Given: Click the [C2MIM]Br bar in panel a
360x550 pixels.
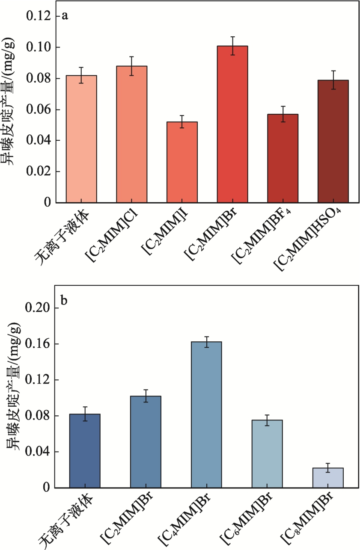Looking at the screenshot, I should coord(232,124).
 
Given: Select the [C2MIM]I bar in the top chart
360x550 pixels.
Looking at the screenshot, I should coord(182,162).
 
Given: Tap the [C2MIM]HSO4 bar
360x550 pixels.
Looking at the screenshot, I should coord(333,141).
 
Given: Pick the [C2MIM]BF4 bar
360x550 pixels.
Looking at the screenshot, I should coord(283,158).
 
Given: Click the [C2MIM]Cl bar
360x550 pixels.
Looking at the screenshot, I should coord(131,134).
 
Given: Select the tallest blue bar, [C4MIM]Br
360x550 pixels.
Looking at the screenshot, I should coord(206,414).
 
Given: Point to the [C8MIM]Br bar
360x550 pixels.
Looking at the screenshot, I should coord(328,478).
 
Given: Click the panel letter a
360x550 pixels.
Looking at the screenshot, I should coord(65,16).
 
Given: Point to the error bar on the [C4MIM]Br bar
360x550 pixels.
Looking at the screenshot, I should coord(206,342).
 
